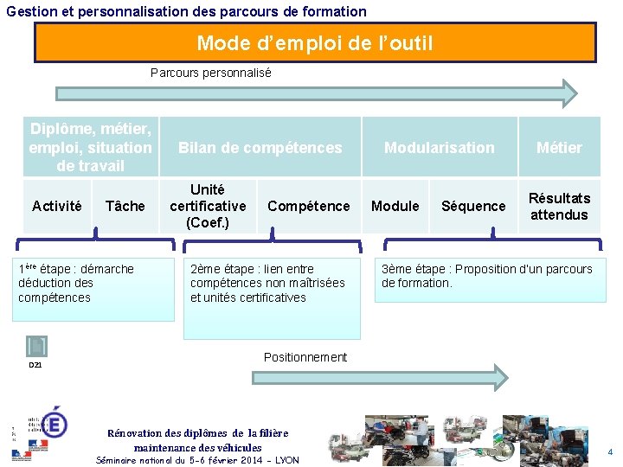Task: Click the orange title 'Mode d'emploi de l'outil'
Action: [315, 42]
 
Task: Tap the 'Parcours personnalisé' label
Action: [210, 73]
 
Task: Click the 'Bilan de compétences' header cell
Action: [260, 148]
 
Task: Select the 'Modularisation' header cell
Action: [439, 148]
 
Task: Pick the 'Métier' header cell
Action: [559, 148]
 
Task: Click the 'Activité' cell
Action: [56, 206]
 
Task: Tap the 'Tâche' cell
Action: [125, 206]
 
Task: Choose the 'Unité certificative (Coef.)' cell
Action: [208, 206]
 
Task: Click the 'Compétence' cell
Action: [308, 206]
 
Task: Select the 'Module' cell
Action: [395, 206]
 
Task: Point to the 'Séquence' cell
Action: [472, 206]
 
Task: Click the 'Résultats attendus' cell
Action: [559, 206]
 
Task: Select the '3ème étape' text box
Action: [490, 277]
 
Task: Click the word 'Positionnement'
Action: [305, 357]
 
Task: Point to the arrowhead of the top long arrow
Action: [569, 93]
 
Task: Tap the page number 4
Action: [609, 452]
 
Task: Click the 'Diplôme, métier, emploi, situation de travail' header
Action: [90, 147]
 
